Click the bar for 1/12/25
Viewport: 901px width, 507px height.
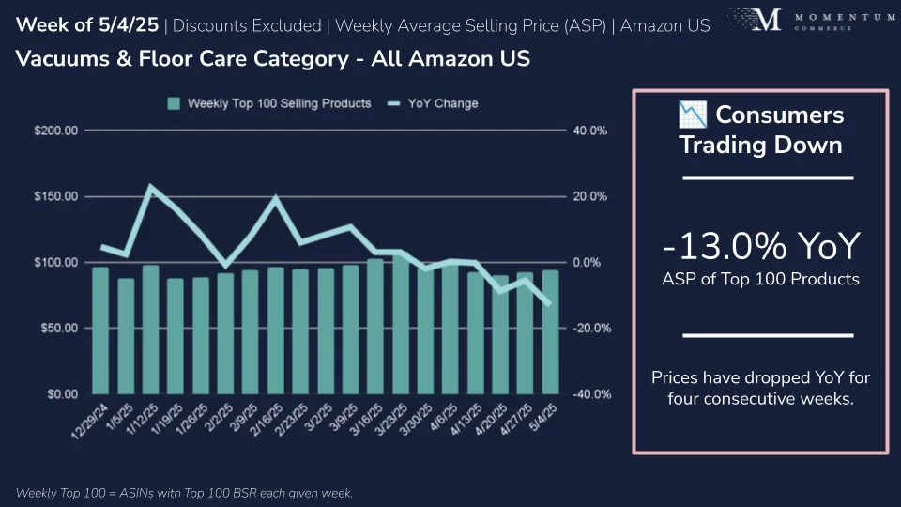[x=150, y=330]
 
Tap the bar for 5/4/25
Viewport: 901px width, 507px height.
[x=551, y=332]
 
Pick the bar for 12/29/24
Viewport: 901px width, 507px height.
[x=100, y=330]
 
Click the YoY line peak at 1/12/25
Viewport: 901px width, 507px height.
[x=151, y=187]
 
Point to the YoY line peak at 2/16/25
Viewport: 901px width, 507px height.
[x=276, y=198]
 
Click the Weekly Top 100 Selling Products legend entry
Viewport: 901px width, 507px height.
[x=268, y=103]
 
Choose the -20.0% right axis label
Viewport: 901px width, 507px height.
[x=590, y=329]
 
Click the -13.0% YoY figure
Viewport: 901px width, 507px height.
[x=760, y=247]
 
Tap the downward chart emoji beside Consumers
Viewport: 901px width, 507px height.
[x=692, y=115]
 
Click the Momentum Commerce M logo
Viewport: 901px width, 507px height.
[x=767, y=20]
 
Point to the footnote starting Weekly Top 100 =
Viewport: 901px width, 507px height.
[x=184, y=493]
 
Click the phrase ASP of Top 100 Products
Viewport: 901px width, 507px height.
[x=760, y=280]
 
